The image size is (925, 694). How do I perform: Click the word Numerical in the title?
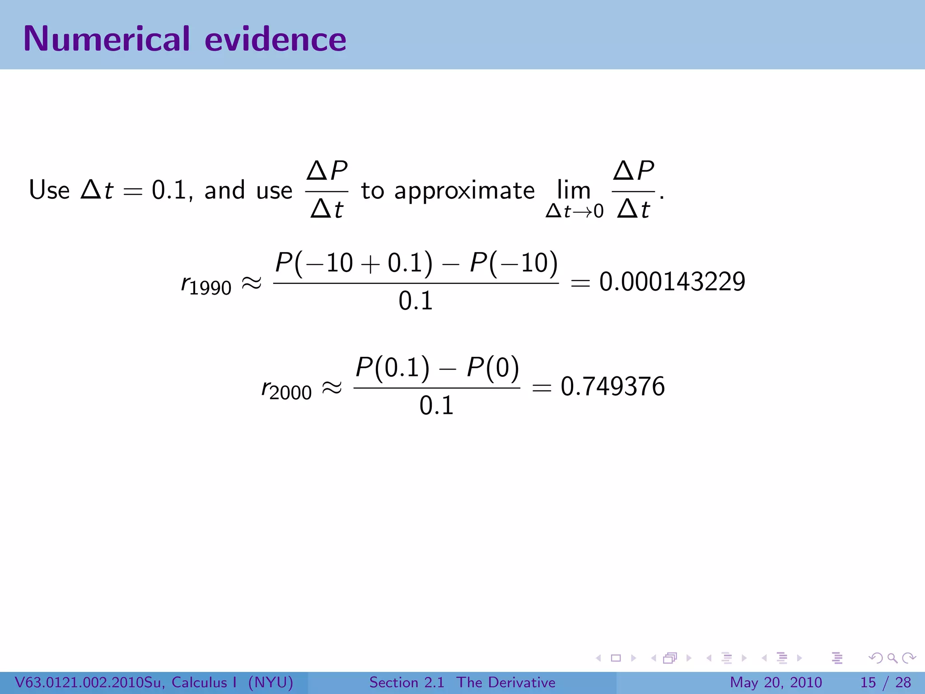tap(107, 39)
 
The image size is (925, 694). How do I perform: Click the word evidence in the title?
tap(275, 39)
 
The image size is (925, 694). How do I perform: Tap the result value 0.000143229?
tap(672, 281)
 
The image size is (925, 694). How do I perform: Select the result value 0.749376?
tap(612, 386)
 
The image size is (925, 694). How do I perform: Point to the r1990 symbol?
tap(206, 285)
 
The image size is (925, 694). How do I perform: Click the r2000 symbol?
tap(286, 390)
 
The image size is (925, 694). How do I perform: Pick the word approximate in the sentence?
tap(464, 191)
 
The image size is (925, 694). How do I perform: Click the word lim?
tap(574, 190)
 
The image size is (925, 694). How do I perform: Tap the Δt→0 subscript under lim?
tap(574, 211)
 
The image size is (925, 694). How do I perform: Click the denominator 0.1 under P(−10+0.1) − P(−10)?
tap(416, 301)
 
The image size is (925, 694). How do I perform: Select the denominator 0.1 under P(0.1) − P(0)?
tap(436, 405)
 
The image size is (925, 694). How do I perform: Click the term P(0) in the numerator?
tap(493, 367)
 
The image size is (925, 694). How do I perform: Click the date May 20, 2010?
tap(776, 682)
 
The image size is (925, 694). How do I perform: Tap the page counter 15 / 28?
tap(885, 682)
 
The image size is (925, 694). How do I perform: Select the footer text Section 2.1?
tap(406, 682)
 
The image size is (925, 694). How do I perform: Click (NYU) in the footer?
tap(271, 682)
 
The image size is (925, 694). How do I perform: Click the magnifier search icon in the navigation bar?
tap(892, 658)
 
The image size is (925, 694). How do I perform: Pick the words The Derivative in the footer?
tap(505, 682)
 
